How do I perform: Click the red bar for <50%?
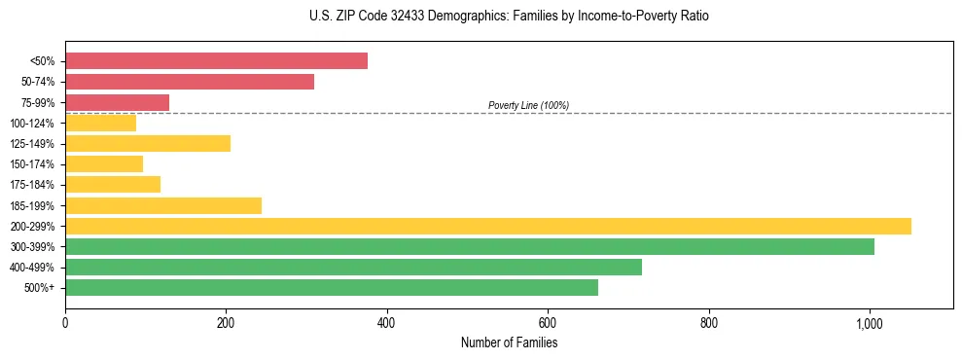click(216, 61)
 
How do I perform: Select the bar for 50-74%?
click(190, 82)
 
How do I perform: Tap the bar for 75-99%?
click(117, 102)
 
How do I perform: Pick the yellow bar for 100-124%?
click(100, 123)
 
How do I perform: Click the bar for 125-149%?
click(148, 143)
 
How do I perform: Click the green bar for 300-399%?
click(470, 246)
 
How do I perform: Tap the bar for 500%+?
click(332, 287)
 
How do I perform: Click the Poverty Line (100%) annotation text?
click(528, 105)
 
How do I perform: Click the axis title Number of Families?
click(509, 342)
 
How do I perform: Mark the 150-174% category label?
click(32, 164)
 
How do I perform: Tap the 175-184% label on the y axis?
click(32, 185)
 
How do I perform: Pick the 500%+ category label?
click(39, 288)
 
